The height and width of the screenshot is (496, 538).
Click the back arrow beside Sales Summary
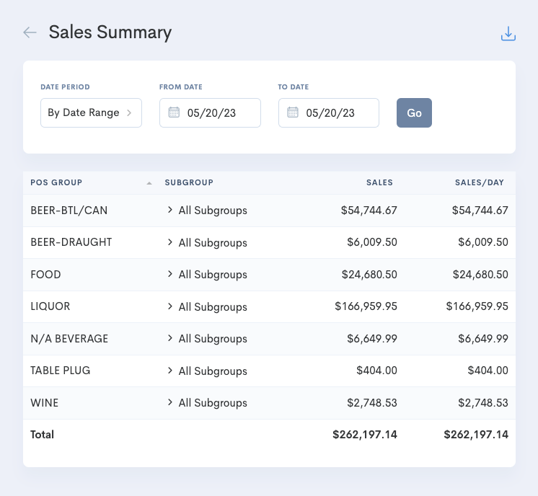click(30, 32)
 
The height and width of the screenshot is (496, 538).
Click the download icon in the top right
click(508, 34)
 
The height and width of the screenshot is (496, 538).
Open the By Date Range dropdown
click(91, 112)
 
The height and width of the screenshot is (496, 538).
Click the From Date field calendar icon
click(174, 112)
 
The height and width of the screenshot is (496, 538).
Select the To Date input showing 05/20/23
click(330, 113)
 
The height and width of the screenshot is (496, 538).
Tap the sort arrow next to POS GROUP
click(149, 183)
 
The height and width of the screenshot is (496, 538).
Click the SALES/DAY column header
click(479, 182)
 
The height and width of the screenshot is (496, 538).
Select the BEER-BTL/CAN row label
click(69, 211)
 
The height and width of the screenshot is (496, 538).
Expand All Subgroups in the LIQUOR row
click(170, 306)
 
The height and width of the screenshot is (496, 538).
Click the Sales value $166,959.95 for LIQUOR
click(366, 306)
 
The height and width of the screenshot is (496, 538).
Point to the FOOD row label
click(45, 275)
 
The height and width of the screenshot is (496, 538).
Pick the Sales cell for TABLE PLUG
click(376, 371)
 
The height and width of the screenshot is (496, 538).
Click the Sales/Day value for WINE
click(482, 402)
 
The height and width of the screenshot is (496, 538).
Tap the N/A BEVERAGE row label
click(69, 338)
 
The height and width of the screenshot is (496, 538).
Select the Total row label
click(42, 435)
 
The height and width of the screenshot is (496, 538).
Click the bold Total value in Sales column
click(365, 435)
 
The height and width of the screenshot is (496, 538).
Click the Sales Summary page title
click(110, 32)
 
